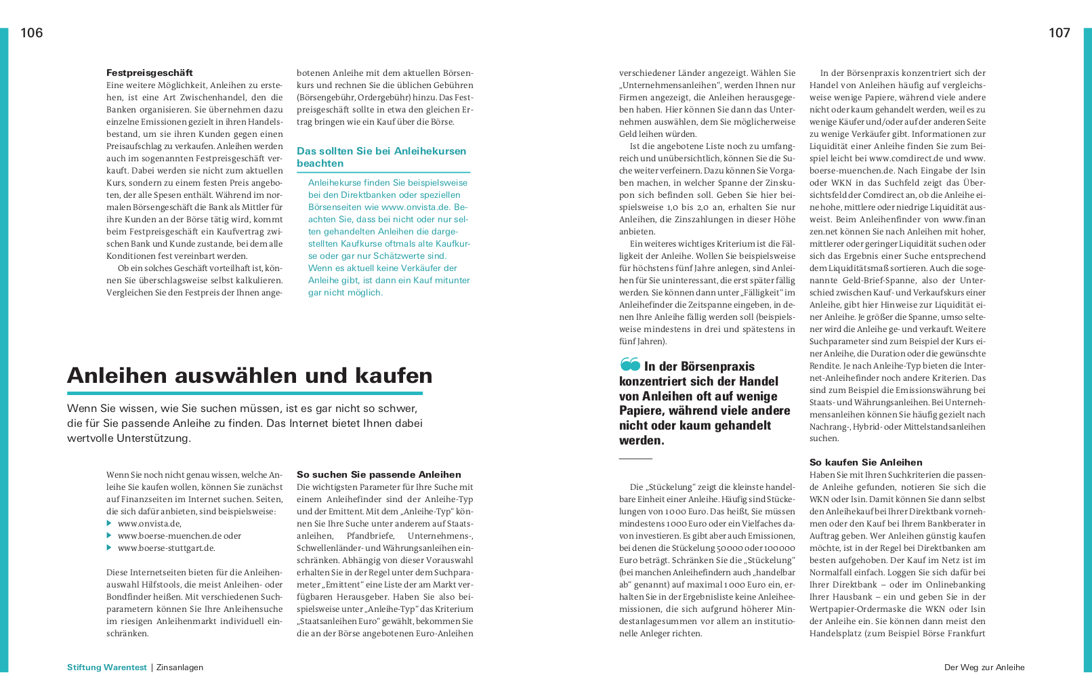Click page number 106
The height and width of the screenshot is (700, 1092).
(x=32, y=33)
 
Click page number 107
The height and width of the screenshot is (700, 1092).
(x=1059, y=33)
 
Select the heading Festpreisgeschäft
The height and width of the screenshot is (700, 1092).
(x=150, y=73)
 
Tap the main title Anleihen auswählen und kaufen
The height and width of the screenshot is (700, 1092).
(x=250, y=375)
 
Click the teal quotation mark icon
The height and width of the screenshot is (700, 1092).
(x=630, y=365)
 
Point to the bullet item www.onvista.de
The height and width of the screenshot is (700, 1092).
(x=149, y=524)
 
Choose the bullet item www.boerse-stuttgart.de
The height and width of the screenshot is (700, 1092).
(x=166, y=548)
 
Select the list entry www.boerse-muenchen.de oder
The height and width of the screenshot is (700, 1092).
(x=179, y=536)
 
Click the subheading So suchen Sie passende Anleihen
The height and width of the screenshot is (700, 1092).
(x=379, y=475)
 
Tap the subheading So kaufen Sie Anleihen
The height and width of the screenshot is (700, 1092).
(x=866, y=463)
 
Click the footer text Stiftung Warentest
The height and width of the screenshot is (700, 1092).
(x=107, y=667)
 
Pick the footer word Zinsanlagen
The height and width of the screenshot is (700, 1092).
(x=180, y=667)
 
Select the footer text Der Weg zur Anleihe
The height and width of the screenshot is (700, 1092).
(x=984, y=667)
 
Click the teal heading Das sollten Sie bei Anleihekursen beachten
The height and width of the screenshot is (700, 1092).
(x=381, y=157)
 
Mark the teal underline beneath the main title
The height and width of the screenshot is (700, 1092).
(x=245, y=393)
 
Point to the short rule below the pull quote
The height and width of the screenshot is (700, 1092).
(x=635, y=459)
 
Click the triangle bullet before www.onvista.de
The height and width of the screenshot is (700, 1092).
(x=109, y=524)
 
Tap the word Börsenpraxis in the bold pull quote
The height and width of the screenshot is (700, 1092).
(x=717, y=367)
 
